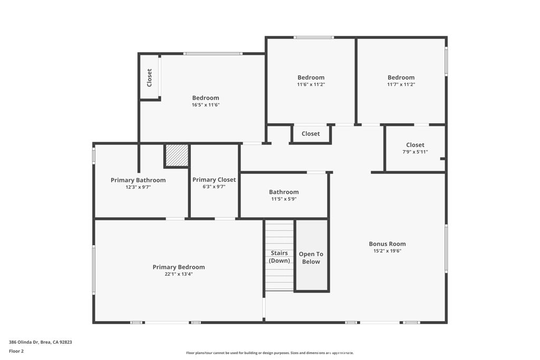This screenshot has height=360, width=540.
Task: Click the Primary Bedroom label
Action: click(x=178, y=267)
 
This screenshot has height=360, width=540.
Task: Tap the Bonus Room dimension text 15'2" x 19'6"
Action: click(x=387, y=251)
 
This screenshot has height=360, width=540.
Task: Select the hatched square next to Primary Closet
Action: click(x=176, y=155)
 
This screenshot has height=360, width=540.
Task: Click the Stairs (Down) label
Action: click(x=279, y=257)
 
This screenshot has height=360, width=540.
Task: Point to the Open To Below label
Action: click(x=311, y=258)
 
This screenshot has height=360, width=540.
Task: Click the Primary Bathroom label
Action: click(x=138, y=180)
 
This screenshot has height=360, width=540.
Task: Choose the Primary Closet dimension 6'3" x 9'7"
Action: click(x=214, y=187)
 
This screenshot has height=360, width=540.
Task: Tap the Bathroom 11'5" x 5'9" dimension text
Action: click(x=284, y=199)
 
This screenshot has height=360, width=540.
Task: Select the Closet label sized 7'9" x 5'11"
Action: click(x=415, y=145)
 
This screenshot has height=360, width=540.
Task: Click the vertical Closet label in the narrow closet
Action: click(x=149, y=77)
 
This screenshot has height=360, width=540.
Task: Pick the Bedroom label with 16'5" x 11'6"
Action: click(x=205, y=98)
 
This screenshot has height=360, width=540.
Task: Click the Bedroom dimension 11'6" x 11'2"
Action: click(x=311, y=84)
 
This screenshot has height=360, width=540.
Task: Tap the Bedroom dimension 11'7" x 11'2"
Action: click(x=401, y=84)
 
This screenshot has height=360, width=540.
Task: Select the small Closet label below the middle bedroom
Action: click(x=311, y=134)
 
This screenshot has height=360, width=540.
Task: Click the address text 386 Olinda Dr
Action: click(x=41, y=342)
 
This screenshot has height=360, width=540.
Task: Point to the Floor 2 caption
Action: click(x=16, y=351)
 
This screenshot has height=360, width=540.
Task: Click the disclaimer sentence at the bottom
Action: click(x=269, y=353)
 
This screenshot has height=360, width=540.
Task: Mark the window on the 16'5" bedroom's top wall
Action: click(x=213, y=53)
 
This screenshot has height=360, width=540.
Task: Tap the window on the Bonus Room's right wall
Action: click(x=446, y=249)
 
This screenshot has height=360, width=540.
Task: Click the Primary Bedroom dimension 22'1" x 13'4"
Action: click(x=178, y=274)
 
